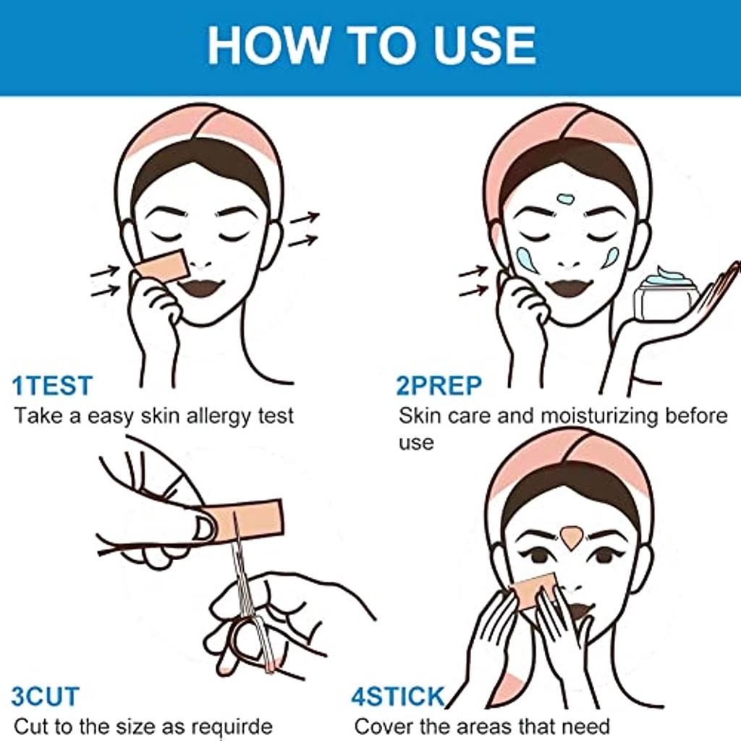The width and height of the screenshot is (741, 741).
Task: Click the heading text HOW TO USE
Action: pos(372,45)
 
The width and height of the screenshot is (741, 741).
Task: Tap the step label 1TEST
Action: pos(52,386)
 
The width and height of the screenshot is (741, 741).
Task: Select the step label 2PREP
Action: pos(439,386)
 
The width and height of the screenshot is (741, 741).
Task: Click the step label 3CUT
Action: pos(46,697)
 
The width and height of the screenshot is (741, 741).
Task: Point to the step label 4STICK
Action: pos(398,697)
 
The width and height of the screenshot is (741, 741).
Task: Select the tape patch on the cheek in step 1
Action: pos(161,267)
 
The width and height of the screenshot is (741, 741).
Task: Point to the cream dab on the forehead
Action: pos(566,198)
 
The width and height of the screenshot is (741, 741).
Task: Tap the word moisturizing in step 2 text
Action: pos(598,417)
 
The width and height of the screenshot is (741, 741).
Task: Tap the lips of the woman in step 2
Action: pos(569,287)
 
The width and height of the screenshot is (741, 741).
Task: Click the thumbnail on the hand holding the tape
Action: pos(205,528)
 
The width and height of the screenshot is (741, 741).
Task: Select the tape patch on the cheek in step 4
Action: pos(533,591)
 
